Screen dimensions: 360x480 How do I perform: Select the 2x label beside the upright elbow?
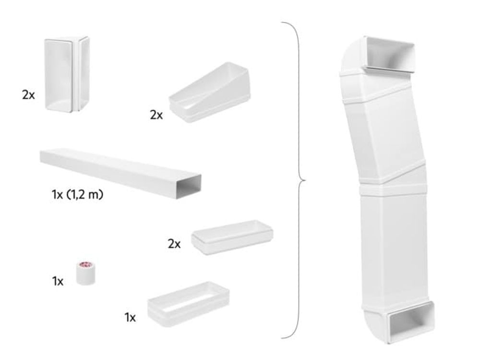click(x=28, y=95)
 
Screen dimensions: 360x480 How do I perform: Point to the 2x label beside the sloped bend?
click(x=156, y=115)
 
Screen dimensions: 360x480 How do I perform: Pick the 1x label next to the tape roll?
click(x=58, y=281)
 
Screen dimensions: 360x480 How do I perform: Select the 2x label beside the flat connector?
click(x=174, y=244)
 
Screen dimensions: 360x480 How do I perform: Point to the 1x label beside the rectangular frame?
click(x=130, y=317)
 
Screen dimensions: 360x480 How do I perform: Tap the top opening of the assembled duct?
click(x=389, y=53)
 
